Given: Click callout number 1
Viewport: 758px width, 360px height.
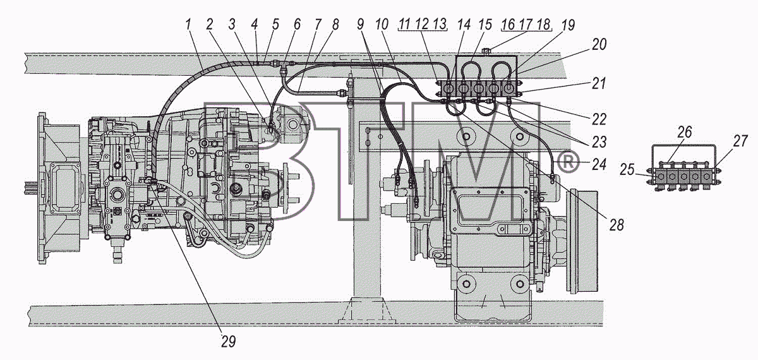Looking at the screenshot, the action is pos(188,25).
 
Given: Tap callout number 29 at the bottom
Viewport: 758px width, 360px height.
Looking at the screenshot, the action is pos(228,342).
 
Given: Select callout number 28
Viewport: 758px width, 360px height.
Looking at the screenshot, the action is pos(617,225).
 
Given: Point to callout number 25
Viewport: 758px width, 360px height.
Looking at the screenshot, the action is pos(627,169).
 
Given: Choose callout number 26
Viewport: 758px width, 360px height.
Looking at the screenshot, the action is pos(685,131).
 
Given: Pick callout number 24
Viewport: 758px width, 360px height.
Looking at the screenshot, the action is pos(599,164).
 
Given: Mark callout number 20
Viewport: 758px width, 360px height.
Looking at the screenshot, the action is pos(599,44).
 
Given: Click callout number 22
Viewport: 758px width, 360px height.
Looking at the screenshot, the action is pos(599,119).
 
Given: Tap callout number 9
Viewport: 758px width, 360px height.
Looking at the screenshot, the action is pos(361,25).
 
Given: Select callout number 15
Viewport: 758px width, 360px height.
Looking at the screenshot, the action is pos(485,25).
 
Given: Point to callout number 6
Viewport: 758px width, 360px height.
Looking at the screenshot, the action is pos(297,25).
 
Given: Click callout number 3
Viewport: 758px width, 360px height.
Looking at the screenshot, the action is pos(231,25).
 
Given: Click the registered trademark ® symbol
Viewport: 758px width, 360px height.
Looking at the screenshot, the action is pos(568,162).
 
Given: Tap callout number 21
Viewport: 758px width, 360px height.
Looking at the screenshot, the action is pos(598,83).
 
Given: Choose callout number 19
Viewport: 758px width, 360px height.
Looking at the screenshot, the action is pos(568,25).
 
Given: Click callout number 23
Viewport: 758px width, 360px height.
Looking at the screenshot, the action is pos(599,142).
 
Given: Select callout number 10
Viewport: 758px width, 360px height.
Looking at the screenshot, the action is pos(382,25).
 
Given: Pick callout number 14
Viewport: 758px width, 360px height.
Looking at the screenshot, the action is pos(464,25).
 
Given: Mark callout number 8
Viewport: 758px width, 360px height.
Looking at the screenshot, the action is pos(335,25).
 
